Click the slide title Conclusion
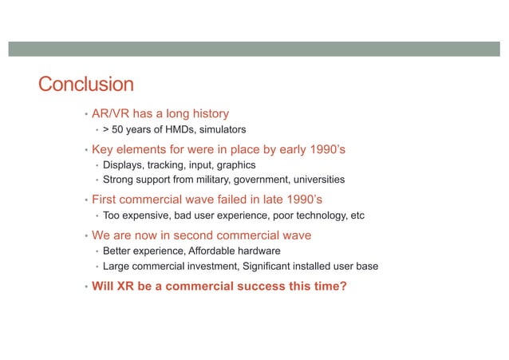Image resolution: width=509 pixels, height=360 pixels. tap(86, 85)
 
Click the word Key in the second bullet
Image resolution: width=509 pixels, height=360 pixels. tap(105, 148)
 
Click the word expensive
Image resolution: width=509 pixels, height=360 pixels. tap(144, 216)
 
